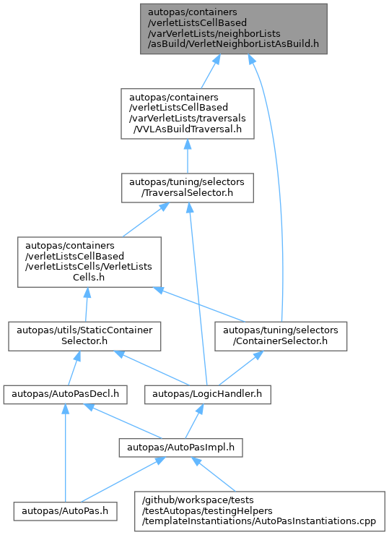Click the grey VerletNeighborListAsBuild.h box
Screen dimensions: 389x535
click(234, 29)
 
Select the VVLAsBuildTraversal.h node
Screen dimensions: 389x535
click(188, 114)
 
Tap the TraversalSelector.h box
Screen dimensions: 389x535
click(188, 188)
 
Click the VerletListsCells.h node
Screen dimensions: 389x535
click(89, 262)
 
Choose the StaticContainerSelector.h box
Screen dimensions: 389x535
click(84, 336)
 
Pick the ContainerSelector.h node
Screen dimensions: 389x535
click(281, 336)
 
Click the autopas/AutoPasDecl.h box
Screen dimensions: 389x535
click(66, 395)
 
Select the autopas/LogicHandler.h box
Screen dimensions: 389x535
click(207, 395)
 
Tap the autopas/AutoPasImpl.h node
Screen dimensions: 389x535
click(180, 448)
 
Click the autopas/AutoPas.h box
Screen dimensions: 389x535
click(65, 511)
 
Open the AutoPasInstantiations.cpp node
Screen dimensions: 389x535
click(260, 511)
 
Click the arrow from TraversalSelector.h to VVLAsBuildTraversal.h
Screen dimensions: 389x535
click(188, 156)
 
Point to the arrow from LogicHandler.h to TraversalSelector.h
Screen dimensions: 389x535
click(198, 294)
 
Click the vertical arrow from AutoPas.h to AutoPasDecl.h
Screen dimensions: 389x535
click(65, 453)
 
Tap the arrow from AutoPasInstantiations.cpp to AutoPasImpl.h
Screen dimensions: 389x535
click(214, 474)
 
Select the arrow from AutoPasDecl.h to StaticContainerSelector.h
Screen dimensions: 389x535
click(73, 368)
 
